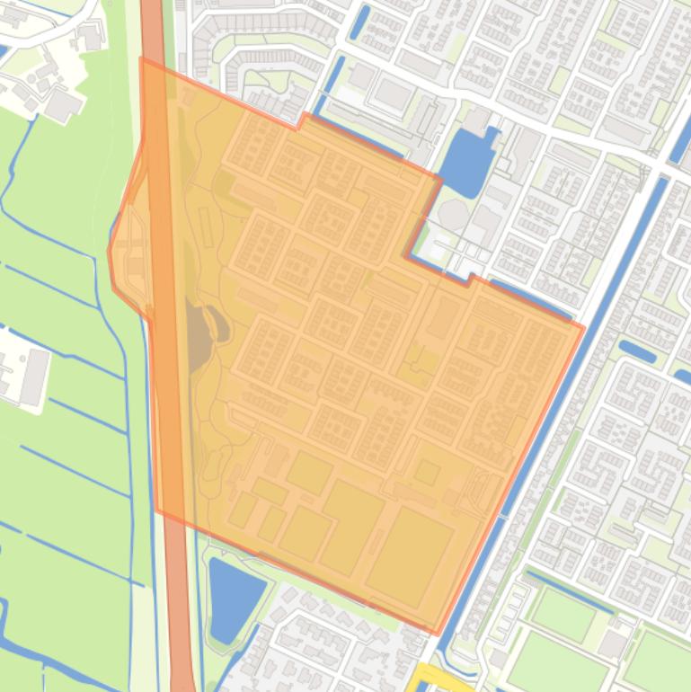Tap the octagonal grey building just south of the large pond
(453, 215)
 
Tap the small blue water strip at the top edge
(360, 22)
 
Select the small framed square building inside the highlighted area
(427, 472)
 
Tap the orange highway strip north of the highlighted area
(153, 27)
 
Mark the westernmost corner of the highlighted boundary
(110, 252)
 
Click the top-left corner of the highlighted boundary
(141, 59)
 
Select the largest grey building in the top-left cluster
(63, 105)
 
